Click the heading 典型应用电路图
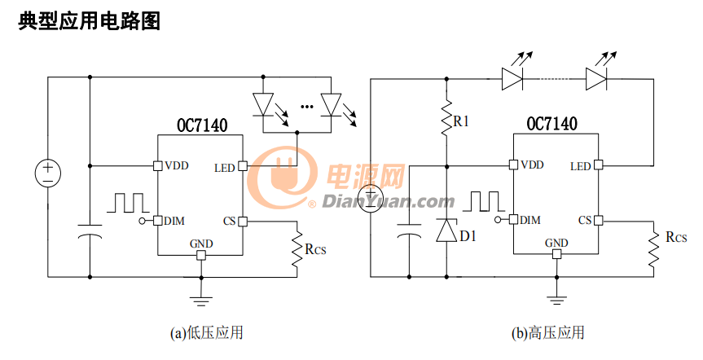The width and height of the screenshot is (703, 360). tap(90, 21)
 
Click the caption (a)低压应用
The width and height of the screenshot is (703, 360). tap(207, 332)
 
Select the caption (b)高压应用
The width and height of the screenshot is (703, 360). tap(548, 332)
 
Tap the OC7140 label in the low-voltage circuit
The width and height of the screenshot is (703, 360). tap(202, 125)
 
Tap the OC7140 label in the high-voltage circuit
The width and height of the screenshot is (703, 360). tap(552, 124)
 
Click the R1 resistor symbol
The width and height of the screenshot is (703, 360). tap(446, 118)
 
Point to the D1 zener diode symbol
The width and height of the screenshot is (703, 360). tap(446, 230)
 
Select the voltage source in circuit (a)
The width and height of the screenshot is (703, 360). tap(48, 173)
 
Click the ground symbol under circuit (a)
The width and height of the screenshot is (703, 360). tap(201, 301)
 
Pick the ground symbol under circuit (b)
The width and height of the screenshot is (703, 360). tap(556, 300)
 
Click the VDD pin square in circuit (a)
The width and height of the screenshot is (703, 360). tap(157, 166)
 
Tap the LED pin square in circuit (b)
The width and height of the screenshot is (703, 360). tap(598, 165)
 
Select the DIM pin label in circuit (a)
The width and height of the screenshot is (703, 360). tap(174, 221)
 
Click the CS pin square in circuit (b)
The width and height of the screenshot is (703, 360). tap(598, 220)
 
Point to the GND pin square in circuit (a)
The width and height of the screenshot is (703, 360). tap(201, 255)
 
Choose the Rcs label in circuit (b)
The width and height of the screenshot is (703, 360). tap(676, 237)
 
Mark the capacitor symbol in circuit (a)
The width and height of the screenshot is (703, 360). tap(90, 230)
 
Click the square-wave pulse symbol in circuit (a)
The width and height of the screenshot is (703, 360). tap(128, 203)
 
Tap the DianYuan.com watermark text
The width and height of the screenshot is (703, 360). tap(389, 201)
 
